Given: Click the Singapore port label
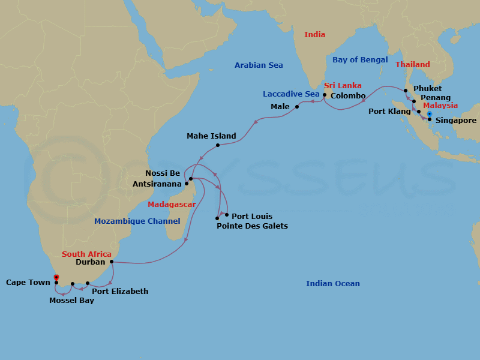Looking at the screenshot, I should (456, 120).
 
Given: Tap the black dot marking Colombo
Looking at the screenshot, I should (325, 95).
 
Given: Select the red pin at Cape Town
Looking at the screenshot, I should (56, 277).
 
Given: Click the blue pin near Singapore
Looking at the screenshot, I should (430, 113).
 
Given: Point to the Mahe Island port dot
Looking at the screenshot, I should (217, 145).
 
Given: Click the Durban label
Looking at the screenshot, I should (91, 262).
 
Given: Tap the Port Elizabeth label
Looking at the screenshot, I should (120, 292).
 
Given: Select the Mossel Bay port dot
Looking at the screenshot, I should (73, 284).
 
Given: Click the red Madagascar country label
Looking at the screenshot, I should (172, 205).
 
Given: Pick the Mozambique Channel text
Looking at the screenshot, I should (137, 221).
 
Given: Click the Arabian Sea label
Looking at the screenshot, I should (259, 65).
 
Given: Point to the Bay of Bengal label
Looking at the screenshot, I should (360, 60).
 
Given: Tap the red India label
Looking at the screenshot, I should (314, 35).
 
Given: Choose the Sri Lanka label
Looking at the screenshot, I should (343, 86).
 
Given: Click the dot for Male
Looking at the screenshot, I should (297, 107).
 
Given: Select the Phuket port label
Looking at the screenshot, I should (427, 89).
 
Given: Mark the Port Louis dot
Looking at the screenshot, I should (227, 214).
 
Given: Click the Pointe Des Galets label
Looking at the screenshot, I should (252, 226).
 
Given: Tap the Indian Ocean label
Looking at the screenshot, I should (333, 284).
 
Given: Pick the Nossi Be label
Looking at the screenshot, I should (163, 173).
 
